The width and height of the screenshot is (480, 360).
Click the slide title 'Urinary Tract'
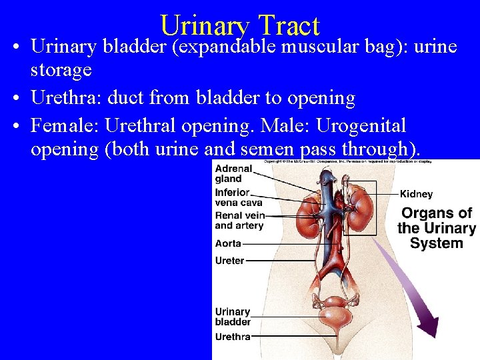240,25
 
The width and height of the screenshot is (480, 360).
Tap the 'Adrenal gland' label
233,174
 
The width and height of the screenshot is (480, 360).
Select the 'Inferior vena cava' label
238,197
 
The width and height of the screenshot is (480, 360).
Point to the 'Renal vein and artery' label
239,221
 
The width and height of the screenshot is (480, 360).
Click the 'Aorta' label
228,244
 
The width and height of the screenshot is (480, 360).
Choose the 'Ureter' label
229,261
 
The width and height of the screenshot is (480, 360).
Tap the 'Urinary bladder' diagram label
233,317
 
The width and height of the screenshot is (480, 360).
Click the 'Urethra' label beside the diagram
232,337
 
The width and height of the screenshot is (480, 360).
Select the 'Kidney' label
416,195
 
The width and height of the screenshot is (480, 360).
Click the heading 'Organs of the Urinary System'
436,228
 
